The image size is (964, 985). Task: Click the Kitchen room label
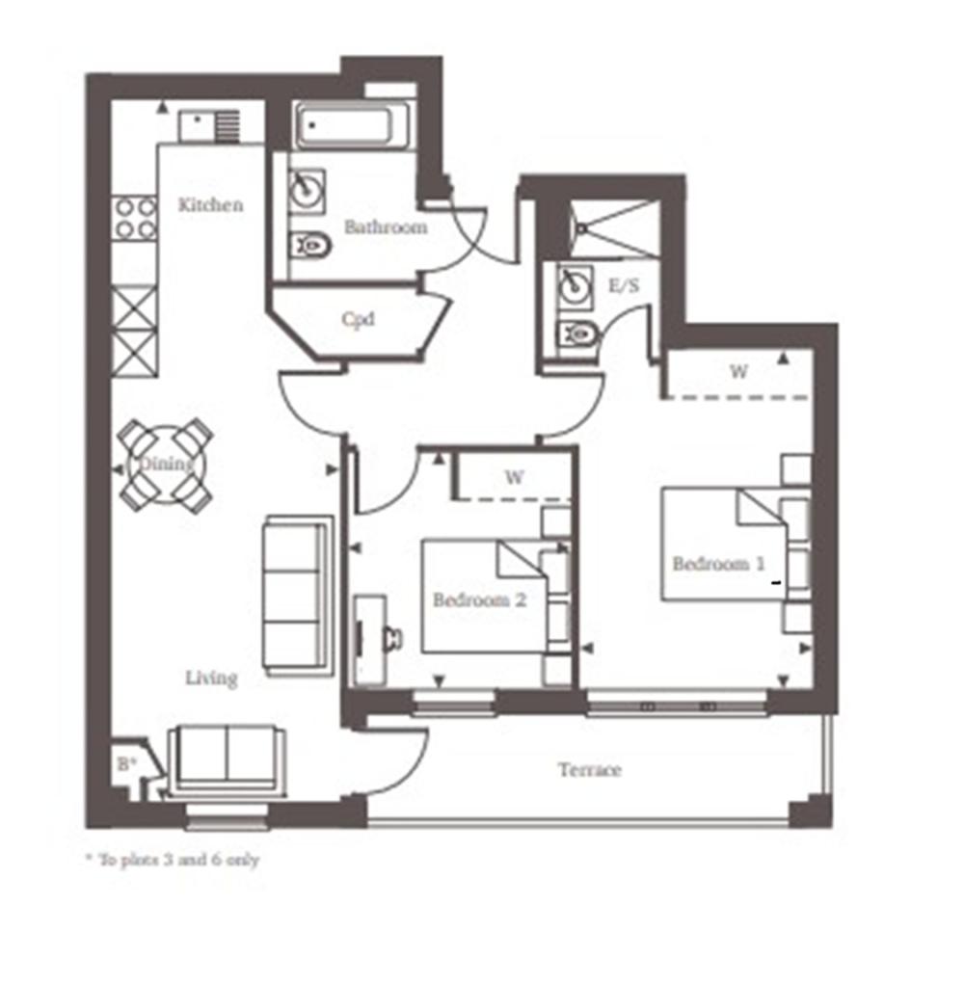(x=210, y=205)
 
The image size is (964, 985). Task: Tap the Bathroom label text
(x=385, y=228)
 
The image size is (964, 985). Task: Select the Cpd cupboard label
(x=359, y=319)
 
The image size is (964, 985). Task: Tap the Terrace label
(x=589, y=770)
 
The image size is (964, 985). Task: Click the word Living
(x=211, y=679)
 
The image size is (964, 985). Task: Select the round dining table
(x=166, y=466)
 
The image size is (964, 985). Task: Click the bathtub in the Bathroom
(x=353, y=125)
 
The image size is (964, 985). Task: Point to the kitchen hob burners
(x=135, y=218)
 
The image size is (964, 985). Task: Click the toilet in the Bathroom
(x=311, y=248)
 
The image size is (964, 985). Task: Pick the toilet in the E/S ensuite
(x=578, y=335)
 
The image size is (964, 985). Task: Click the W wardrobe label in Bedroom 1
(x=738, y=372)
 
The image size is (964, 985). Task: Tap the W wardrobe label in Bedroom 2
(x=515, y=476)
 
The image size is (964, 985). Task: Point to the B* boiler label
(x=125, y=764)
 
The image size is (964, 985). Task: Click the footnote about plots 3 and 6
(x=172, y=860)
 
